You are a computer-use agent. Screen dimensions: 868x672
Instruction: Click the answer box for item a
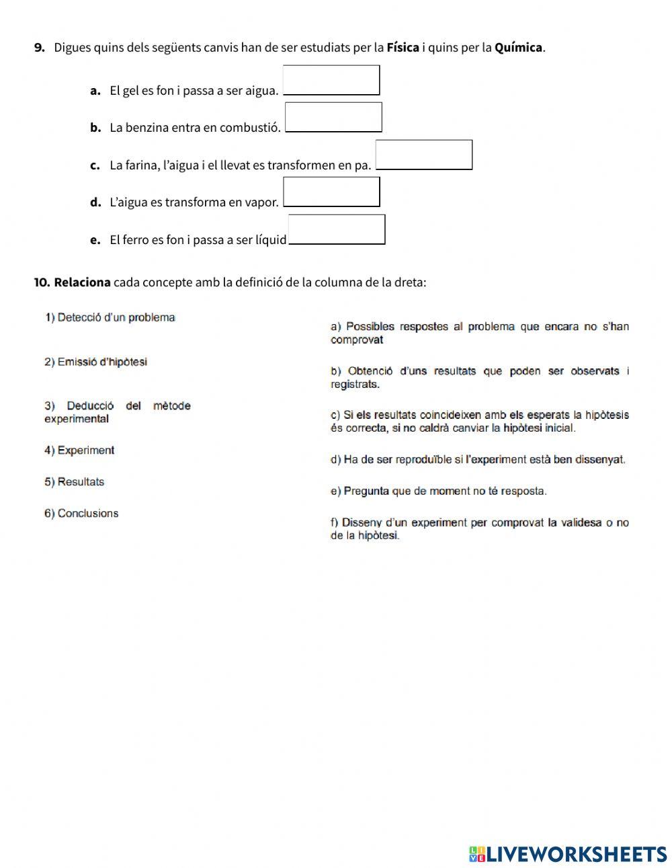click(x=331, y=80)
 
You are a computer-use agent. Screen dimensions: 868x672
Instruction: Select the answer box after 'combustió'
click(x=333, y=117)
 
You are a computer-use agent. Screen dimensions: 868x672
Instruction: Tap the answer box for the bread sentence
click(x=423, y=155)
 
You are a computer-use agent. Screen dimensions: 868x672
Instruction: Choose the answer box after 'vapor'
click(x=331, y=192)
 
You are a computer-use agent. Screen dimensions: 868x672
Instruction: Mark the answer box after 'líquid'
click(x=336, y=229)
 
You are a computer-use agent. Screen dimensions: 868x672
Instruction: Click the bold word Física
click(x=403, y=48)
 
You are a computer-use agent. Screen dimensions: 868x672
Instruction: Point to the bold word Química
click(x=518, y=48)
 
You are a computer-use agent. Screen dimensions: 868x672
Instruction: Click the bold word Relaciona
click(x=82, y=282)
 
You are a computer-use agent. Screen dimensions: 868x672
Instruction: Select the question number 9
click(x=39, y=48)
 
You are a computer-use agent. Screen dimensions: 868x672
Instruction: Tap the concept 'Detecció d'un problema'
click(x=110, y=317)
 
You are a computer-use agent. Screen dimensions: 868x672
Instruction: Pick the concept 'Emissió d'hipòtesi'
click(x=95, y=362)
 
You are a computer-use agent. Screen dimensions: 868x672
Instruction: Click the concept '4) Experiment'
click(x=79, y=450)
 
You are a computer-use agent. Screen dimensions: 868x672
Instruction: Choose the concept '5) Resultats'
click(x=74, y=482)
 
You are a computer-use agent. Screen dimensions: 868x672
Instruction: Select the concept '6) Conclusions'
click(x=81, y=514)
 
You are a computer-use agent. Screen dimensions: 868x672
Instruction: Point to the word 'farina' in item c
click(x=140, y=165)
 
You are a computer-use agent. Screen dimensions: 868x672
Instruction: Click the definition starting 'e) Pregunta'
click(x=438, y=491)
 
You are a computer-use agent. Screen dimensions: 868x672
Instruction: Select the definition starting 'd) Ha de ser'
click(x=477, y=460)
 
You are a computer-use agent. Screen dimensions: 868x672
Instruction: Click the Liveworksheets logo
click(x=568, y=854)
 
